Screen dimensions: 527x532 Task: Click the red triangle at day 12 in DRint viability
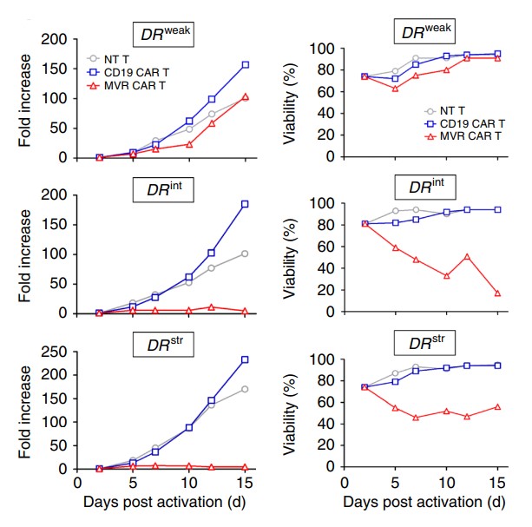point(468,257)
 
